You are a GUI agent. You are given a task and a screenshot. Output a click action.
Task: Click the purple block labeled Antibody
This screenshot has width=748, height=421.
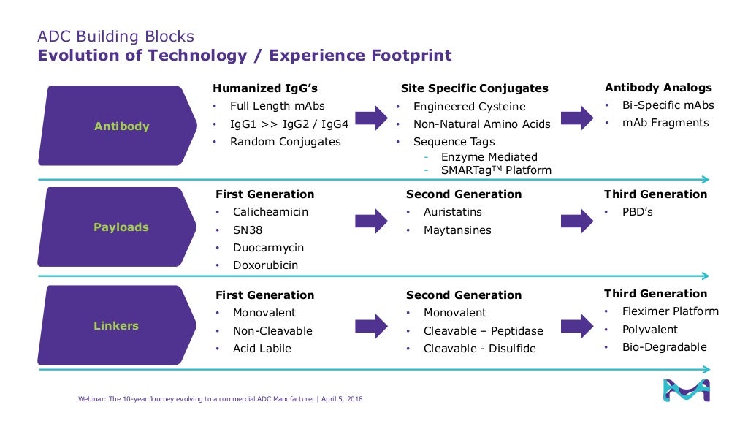pos(121,126)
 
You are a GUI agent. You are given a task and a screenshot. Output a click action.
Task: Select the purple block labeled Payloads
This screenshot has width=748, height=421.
pos(121,227)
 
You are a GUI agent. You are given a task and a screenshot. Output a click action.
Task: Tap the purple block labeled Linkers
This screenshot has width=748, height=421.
pos(116,326)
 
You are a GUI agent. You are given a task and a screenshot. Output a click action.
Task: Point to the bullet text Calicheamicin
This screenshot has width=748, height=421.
pos(270,212)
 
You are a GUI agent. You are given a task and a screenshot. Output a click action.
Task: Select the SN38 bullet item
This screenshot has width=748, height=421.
pos(248,230)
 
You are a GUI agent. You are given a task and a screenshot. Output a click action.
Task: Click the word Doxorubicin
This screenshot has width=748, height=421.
pos(265,265)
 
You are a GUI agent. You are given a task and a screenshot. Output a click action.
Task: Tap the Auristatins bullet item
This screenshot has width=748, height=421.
pos(452,212)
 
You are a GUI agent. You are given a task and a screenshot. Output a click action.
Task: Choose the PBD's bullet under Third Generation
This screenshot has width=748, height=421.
pos(637,212)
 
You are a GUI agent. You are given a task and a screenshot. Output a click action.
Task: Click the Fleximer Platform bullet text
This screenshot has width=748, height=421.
pos(670,311)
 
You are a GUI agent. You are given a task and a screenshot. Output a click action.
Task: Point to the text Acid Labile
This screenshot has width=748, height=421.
pos(262,349)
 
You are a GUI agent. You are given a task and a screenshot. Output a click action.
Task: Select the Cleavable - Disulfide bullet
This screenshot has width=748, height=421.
pos(479,349)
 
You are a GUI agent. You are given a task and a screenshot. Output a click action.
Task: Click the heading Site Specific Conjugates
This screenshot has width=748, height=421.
pos(474,88)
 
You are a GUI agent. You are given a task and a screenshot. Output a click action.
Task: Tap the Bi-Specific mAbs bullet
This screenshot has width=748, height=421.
pos(668,105)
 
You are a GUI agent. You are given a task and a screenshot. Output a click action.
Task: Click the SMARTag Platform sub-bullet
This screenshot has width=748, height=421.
pos(496,170)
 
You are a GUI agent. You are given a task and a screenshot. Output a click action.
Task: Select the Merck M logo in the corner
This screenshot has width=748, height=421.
pos(685,390)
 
